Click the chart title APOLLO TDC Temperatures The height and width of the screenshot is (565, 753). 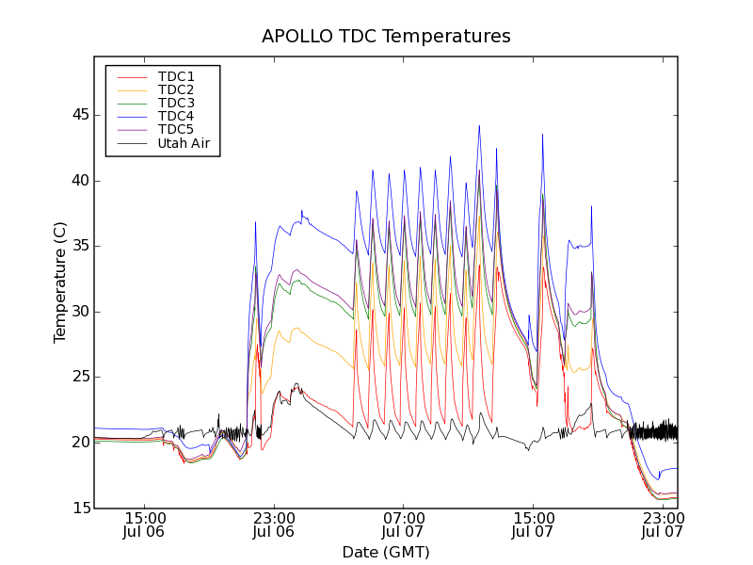coord(386,37)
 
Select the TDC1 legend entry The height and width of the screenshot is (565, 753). coord(176,76)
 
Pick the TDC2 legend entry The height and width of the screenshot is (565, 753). coord(176,89)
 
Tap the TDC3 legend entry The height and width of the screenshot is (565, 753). coord(176,103)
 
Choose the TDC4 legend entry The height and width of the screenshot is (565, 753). coord(176,116)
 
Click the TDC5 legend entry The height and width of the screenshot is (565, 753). coord(176,129)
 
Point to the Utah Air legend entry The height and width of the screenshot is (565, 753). coord(184,143)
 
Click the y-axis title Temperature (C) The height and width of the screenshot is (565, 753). coord(60,282)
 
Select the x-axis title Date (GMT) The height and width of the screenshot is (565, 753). coord(386,552)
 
